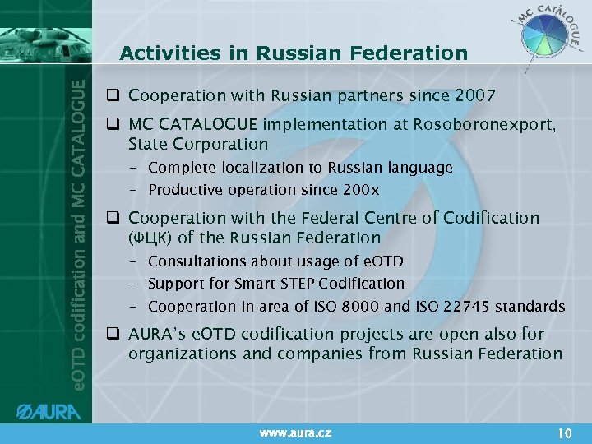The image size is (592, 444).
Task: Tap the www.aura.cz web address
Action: pos(294,432)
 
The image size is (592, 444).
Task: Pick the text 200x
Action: pos(362,190)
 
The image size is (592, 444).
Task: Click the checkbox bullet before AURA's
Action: pos(114,335)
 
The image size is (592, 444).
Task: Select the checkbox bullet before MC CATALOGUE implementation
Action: pos(114,125)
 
